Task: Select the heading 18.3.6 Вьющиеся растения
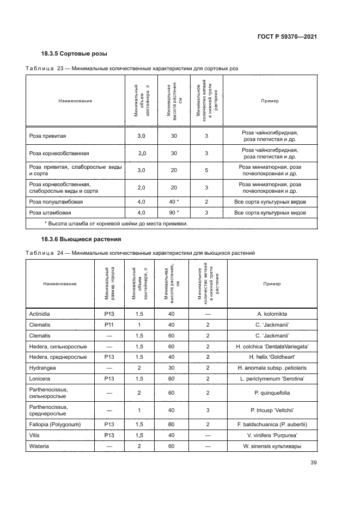click(x=81, y=240)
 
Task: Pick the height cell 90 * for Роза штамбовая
click(x=174, y=212)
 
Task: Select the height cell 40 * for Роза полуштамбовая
click(x=174, y=201)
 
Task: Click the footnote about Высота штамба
click(x=115, y=224)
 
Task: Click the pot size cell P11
click(x=108, y=325)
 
